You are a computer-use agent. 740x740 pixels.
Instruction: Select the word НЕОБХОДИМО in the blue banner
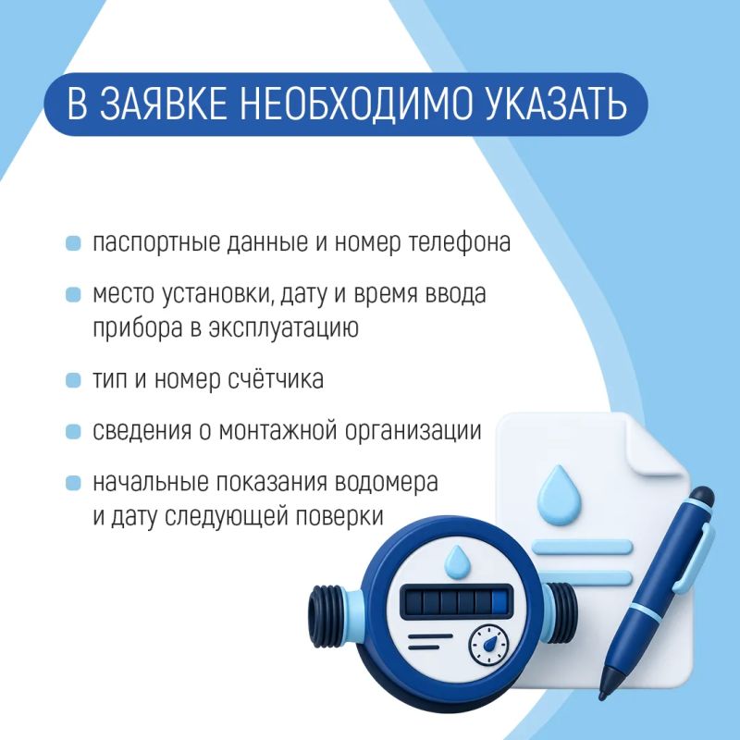(x=356, y=105)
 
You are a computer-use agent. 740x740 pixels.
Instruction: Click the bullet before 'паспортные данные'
(x=73, y=243)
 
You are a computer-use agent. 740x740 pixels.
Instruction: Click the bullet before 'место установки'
(x=73, y=294)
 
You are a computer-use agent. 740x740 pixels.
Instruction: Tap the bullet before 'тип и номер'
(x=73, y=380)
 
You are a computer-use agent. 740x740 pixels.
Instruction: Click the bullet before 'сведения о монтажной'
(x=73, y=431)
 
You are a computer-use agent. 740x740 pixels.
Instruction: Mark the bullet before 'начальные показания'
(x=73, y=483)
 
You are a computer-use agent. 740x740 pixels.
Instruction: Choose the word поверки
(x=339, y=517)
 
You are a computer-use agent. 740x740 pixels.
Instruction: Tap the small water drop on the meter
(x=456, y=561)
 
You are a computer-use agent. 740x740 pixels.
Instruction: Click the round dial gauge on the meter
(x=489, y=644)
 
